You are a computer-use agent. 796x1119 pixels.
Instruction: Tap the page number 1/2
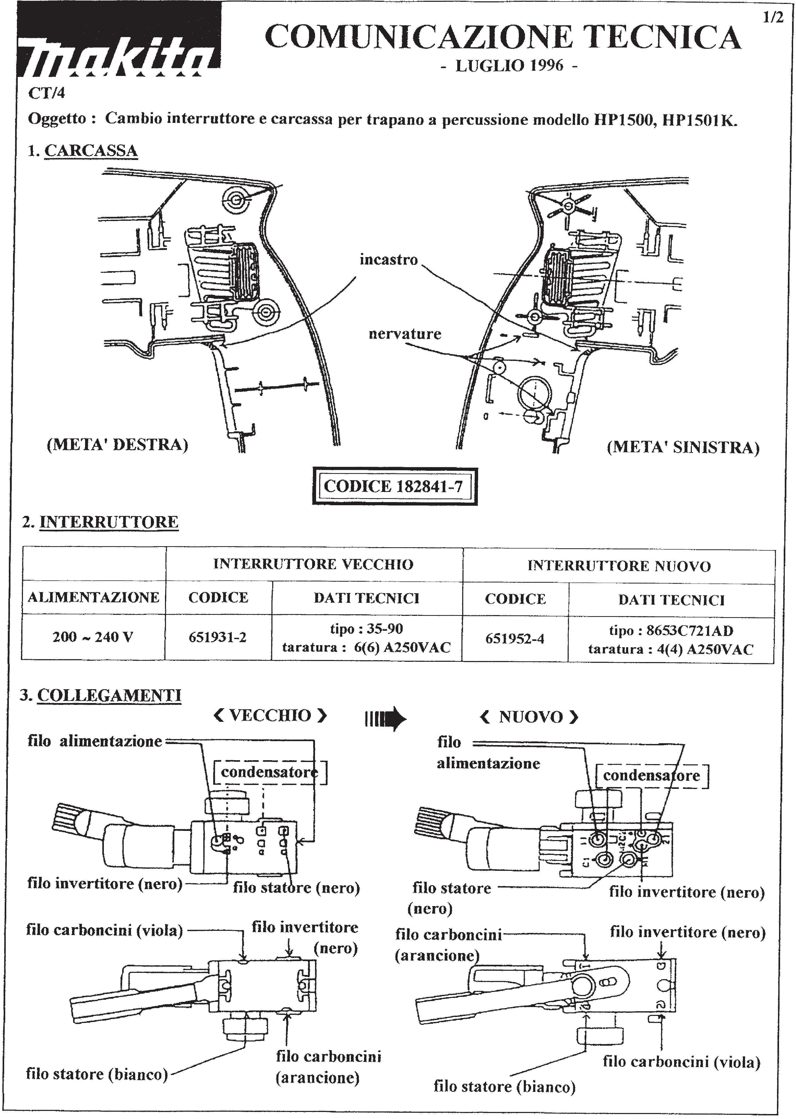[773, 18]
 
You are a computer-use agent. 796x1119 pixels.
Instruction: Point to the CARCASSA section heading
[91, 151]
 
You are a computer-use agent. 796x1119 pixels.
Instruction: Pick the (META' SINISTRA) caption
[683, 448]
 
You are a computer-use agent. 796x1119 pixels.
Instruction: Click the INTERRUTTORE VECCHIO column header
[314, 564]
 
